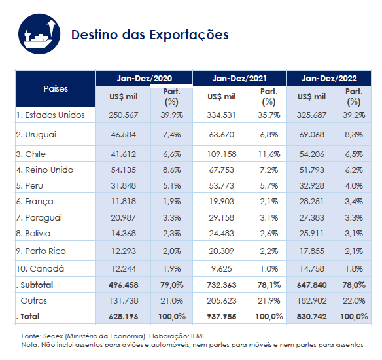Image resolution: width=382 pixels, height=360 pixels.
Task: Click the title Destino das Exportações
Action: (x=150, y=34)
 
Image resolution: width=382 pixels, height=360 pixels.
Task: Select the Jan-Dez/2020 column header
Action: (x=145, y=78)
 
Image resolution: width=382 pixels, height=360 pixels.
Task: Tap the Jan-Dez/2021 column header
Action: (x=239, y=78)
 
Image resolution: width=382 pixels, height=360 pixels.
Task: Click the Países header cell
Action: (x=56, y=88)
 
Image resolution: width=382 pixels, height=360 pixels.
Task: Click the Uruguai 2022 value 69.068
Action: (x=311, y=134)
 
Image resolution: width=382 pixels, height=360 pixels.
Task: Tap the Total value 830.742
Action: (x=311, y=316)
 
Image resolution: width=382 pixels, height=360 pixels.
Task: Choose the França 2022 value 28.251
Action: (x=311, y=201)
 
